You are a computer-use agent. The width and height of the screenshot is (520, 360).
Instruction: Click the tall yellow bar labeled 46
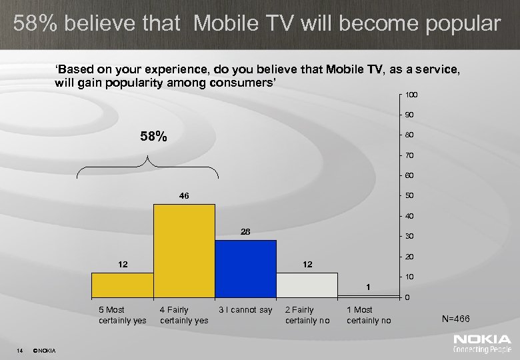click(184, 250)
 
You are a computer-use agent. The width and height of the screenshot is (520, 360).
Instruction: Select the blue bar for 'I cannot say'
click(245, 268)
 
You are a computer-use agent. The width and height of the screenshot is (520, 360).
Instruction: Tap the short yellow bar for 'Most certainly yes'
click(122, 285)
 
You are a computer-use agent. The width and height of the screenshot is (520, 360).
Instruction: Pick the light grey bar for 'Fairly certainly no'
click(307, 285)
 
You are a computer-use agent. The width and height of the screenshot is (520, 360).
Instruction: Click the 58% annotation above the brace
click(153, 137)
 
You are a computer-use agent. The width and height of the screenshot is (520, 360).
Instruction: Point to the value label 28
click(245, 231)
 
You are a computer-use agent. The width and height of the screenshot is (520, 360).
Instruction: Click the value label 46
click(184, 196)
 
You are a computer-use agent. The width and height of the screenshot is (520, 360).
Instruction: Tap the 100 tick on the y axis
click(411, 95)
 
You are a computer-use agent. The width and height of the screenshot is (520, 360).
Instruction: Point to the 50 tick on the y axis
click(409, 196)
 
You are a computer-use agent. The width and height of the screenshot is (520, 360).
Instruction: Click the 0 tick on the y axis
click(407, 297)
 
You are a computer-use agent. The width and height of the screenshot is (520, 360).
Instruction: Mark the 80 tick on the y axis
click(409, 136)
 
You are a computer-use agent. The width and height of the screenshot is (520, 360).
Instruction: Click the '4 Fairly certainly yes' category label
click(184, 315)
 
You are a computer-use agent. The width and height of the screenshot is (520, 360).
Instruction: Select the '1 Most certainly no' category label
click(369, 315)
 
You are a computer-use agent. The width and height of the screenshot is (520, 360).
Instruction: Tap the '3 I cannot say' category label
click(245, 310)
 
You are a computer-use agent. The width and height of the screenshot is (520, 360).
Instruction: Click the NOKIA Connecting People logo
click(482, 344)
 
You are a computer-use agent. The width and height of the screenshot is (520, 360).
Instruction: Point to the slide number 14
click(21, 351)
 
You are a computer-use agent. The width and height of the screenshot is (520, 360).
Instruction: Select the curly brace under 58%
click(147, 167)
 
